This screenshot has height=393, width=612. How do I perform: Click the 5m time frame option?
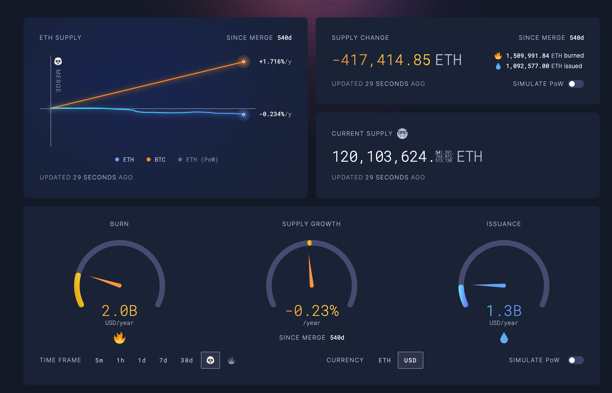[x=99, y=360]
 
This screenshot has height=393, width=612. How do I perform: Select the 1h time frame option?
[x=120, y=360]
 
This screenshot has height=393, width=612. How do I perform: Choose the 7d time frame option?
[x=163, y=360]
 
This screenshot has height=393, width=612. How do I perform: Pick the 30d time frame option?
[x=187, y=360]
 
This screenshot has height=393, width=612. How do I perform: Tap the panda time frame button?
[x=210, y=360]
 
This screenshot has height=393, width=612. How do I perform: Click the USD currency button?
[x=410, y=360]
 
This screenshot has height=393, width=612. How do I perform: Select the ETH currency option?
[x=385, y=360]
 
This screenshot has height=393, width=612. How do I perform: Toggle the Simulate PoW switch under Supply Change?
[x=576, y=84]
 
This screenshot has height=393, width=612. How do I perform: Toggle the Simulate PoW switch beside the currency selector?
[x=576, y=360]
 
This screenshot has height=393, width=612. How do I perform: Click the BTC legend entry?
[x=156, y=160]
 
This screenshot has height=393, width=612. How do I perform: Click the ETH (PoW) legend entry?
[x=198, y=160]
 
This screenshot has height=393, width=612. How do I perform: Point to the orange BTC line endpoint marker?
[x=244, y=62]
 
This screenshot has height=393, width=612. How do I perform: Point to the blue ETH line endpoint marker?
[x=244, y=115]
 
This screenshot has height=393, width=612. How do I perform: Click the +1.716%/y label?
[x=275, y=62]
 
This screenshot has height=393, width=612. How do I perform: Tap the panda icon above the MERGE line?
[x=58, y=61]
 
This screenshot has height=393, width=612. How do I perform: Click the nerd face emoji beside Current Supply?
[x=402, y=134]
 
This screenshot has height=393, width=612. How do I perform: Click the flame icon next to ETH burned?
[x=498, y=56]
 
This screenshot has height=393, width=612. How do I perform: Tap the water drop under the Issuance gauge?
[x=504, y=338]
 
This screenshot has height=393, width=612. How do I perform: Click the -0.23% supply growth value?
[x=312, y=311]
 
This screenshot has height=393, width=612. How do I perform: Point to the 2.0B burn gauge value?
[x=120, y=311]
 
